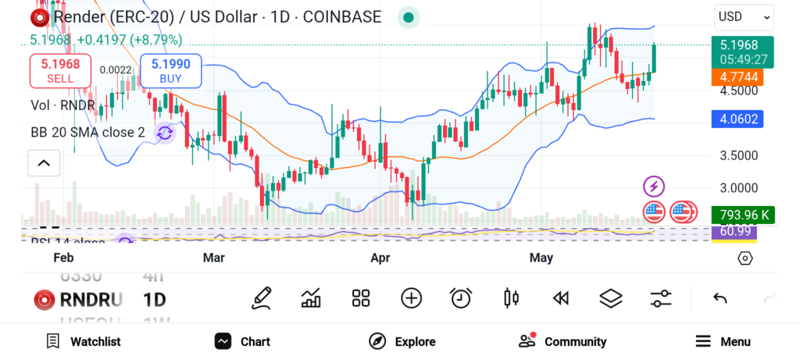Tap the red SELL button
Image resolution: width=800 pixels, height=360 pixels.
point(60,70)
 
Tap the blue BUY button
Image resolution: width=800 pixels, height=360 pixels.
point(170,70)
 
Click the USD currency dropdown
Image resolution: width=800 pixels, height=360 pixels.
point(744,16)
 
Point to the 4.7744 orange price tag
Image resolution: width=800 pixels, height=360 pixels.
point(737,77)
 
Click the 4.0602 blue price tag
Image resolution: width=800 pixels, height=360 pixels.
point(737,119)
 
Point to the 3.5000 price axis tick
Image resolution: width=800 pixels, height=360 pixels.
point(737,155)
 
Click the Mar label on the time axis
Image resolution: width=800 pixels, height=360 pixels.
point(214,258)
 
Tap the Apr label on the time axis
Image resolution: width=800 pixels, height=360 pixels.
point(380,258)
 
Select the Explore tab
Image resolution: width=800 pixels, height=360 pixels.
point(402,341)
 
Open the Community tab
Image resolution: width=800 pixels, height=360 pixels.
point(562,341)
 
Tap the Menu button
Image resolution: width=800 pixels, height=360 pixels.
point(723,341)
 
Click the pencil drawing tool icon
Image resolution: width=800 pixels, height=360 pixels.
point(262,298)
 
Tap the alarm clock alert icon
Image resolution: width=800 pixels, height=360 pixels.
point(461,298)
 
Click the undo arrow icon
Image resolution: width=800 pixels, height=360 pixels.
point(720,298)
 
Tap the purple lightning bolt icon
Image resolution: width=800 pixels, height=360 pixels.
point(654,186)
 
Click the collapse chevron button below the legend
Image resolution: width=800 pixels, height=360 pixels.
point(44,163)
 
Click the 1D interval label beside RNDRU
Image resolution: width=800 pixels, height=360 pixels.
point(154,299)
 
